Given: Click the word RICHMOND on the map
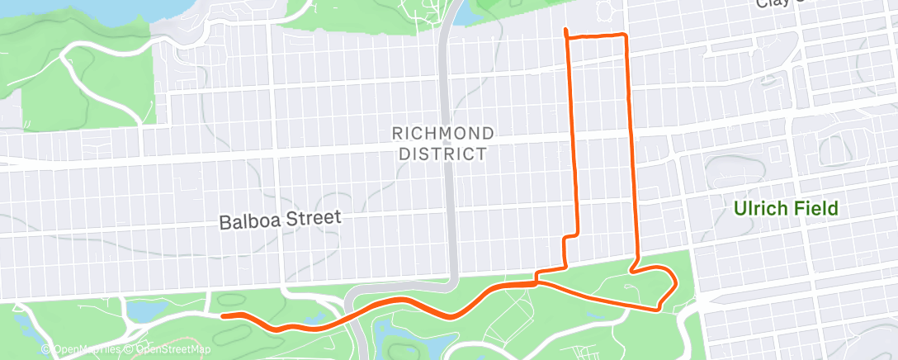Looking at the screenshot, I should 442,133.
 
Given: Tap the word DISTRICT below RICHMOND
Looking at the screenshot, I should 442,154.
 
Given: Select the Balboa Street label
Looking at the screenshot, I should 280,220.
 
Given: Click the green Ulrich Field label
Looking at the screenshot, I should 786,208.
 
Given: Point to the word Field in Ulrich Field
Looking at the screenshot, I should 816,208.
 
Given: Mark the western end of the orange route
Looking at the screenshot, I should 224,315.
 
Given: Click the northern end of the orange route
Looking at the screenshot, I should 565,31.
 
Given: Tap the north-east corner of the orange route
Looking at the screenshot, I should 625,36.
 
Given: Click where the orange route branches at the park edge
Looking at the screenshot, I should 537,282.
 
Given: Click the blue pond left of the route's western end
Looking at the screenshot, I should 141,310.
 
